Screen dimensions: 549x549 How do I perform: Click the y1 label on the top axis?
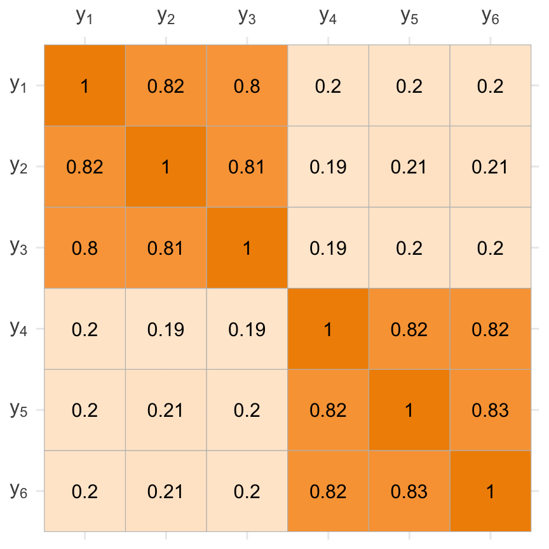click(85, 18)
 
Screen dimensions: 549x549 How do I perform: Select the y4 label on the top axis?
click(328, 18)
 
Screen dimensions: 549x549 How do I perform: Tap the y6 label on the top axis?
click(491, 18)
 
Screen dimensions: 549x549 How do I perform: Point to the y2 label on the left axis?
click(19, 167)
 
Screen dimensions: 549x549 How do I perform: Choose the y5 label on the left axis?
click(19, 410)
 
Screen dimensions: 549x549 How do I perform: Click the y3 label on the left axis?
click(19, 248)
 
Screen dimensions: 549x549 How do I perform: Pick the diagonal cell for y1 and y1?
click(85, 86)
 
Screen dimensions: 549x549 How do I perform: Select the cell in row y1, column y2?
click(166, 86)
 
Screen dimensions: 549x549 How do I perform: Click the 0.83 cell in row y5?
click(491, 410)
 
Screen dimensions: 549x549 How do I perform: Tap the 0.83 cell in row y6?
click(409, 491)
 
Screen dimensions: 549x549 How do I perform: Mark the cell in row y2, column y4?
click(328, 167)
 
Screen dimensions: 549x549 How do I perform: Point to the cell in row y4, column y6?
click(491, 329)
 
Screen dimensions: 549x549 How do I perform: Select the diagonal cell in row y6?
click(491, 491)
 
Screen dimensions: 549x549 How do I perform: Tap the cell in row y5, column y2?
click(166, 410)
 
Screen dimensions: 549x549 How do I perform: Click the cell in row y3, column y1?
click(85, 248)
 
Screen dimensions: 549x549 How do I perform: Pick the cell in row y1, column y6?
click(491, 86)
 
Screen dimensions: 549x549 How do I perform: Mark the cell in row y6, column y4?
click(328, 491)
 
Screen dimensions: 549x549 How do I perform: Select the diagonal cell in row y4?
click(328, 329)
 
